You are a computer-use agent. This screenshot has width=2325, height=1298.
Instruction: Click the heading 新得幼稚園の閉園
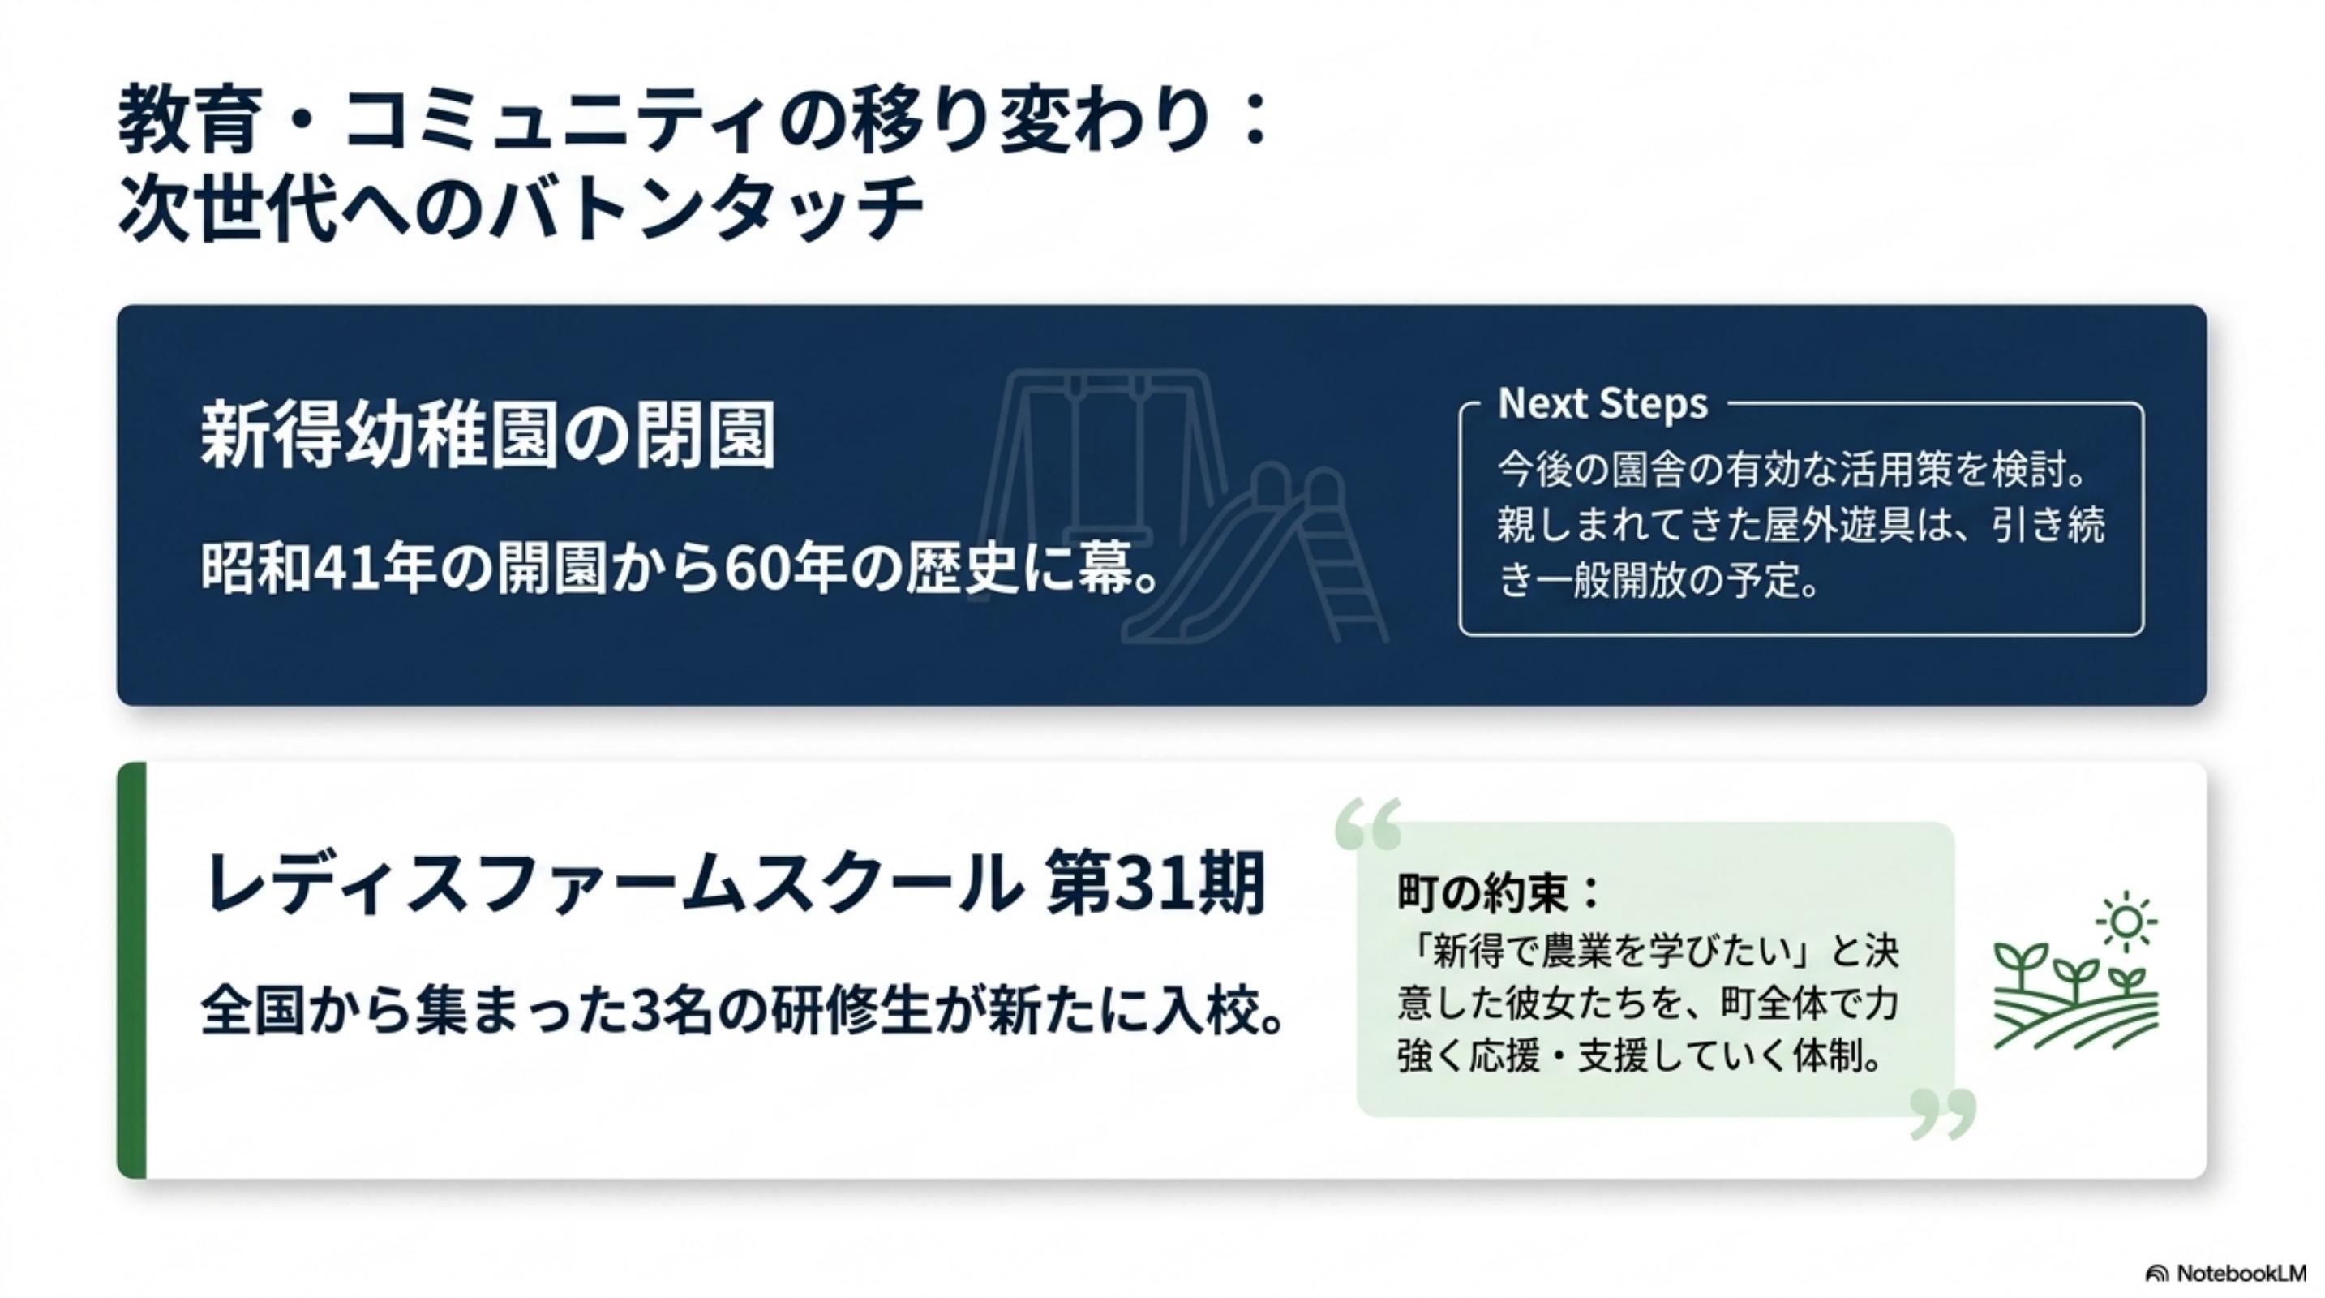(x=487, y=436)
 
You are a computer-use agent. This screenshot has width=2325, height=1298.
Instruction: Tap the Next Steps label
(x=1603, y=403)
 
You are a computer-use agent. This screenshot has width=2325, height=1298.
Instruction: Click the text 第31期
(x=1156, y=883)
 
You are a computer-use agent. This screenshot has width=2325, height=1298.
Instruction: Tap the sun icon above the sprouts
(x=2126, y=922)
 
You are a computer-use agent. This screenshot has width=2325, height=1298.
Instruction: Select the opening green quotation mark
(x=1368, y=823)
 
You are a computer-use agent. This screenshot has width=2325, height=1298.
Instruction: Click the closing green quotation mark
(x=1943, y=1113)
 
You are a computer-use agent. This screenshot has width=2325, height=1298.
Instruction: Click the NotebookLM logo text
(x=2241, y=1273)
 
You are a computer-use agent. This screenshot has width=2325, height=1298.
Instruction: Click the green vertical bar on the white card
(x=131, y=970)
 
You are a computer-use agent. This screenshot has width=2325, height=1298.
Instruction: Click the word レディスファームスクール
(x=610, y=884)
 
